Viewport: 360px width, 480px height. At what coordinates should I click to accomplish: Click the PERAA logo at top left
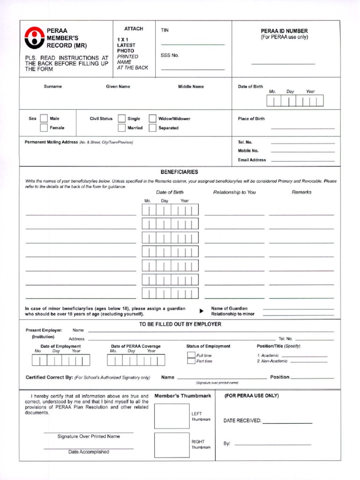pos(34,37)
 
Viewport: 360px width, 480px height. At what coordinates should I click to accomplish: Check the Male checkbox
pos(44,119)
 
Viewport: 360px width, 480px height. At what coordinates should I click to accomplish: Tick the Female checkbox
pos(44,127)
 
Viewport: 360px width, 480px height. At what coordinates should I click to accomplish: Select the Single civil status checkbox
pos(121,119)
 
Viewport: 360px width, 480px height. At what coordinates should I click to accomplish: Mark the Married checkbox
pos(121,127)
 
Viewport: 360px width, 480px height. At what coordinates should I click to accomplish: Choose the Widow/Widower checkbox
pos(152,119)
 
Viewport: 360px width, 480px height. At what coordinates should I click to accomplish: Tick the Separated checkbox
pos(152,127)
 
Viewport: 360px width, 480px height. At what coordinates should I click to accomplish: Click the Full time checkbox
pos(191,355)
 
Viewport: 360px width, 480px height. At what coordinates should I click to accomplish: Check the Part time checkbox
pos(191,361)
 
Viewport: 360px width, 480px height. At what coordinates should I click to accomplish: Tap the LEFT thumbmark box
pos(172,416)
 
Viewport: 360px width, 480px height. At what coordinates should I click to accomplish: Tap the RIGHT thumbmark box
pos(172,444)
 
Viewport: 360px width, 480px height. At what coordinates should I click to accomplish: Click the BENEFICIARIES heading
pos(179,172)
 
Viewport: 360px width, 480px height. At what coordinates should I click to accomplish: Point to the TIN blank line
pos(193,44)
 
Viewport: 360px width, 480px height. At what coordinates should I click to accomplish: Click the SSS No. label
pos(170,55)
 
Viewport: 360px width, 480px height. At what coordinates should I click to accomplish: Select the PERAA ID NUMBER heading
pos(284,31)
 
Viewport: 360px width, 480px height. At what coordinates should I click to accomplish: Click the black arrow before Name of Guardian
pos(202,311)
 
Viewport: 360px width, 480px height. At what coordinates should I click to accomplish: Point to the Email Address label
pos(252,160)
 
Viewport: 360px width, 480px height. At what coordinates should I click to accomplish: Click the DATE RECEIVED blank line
pos(287,423)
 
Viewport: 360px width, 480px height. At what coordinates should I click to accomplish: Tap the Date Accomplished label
pos(89,452)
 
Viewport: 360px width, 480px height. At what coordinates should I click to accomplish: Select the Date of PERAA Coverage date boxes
pos(136,360)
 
